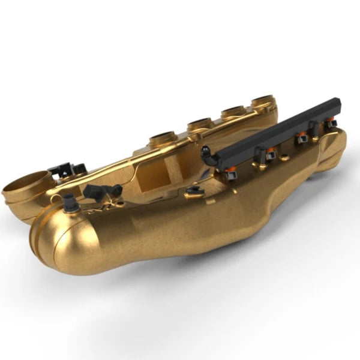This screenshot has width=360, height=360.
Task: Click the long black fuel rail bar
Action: [276, 132]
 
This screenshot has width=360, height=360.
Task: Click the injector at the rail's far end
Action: [331, 123]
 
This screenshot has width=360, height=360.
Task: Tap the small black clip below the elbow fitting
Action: [194, 191]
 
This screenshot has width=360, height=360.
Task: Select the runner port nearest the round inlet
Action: [161, 137]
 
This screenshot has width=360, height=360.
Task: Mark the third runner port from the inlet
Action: [233, 111]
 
